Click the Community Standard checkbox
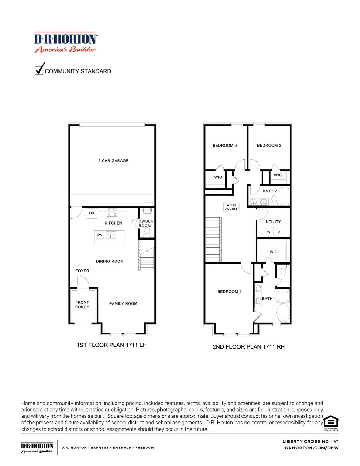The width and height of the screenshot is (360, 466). point(39,70)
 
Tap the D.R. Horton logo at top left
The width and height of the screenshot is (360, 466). point(65,42)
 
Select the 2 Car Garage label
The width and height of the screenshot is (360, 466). point(113,161)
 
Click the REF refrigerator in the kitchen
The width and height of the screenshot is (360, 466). point(91,213)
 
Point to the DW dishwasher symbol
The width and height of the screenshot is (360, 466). point(99,235)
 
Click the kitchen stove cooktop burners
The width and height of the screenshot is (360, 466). point(112,212)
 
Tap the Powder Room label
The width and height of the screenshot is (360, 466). point(144,223)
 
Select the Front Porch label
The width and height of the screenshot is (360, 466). point(82,305)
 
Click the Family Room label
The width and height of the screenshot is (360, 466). point(123,304)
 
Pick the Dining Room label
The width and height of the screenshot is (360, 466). point(110,261)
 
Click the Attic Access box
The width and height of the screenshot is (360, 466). point(231,207)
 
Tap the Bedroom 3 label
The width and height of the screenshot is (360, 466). point(224,145)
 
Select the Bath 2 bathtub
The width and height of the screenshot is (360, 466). point(285,196)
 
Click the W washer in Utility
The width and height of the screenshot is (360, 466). point(269,232)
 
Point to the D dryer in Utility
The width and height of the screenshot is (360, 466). point(279,232)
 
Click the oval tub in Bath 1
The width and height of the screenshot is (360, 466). point(283,312)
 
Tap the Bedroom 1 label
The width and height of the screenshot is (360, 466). point(229,292)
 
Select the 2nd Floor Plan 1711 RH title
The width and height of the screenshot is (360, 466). point(248,347)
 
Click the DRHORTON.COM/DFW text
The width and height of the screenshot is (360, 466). point(311,448)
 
